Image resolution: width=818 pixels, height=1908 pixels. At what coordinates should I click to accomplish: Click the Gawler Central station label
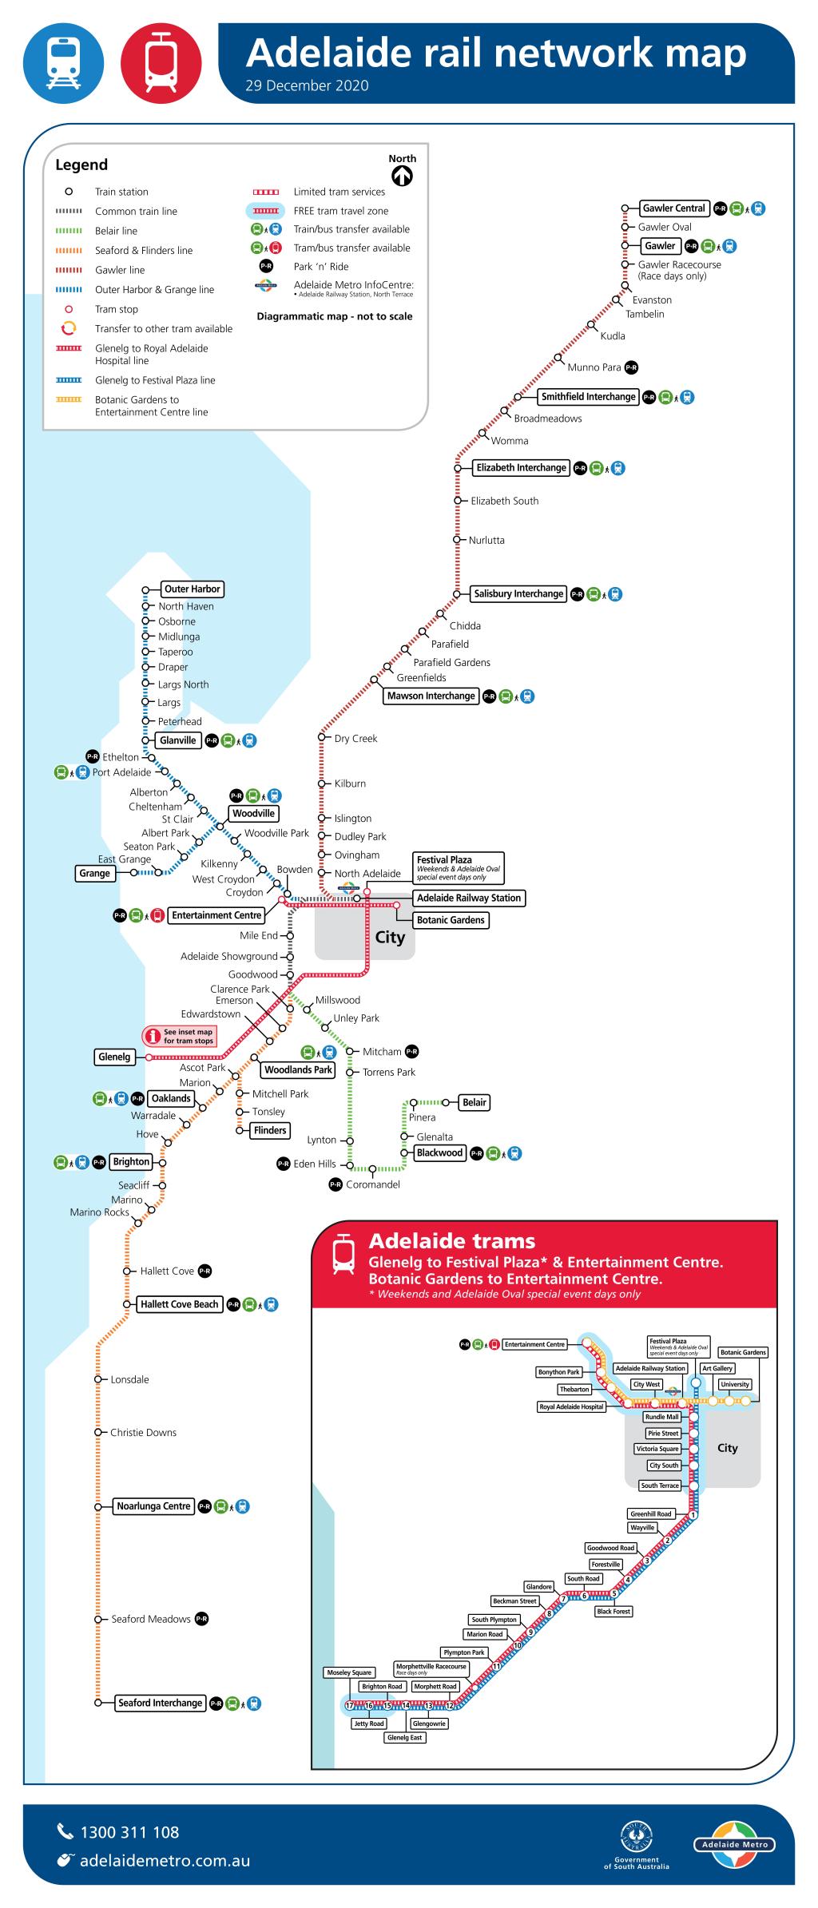click(673, 208)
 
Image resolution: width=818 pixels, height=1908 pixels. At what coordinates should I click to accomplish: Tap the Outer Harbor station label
click(192, 589)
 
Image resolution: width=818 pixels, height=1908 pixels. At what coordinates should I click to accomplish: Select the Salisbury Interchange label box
click(518, 594)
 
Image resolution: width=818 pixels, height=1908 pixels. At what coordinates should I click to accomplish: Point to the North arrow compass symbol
click(403, 177)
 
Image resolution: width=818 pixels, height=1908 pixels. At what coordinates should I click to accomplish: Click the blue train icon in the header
click(63, 63)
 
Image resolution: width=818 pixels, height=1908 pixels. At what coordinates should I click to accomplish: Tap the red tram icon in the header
click(161, 63)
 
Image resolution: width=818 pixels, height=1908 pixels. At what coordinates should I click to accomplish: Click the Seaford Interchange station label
click(160, 1704)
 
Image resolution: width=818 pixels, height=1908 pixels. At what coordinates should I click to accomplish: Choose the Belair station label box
click(474, 1103)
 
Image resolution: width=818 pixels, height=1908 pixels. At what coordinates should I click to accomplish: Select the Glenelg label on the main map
click(113, 1057)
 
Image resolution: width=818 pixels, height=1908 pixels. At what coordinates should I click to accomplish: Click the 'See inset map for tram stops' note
click(180, 1037)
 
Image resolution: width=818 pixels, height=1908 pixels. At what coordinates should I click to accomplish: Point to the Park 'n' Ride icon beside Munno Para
click(631, 368)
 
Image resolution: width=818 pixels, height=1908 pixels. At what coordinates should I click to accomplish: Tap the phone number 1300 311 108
click(129, 1833)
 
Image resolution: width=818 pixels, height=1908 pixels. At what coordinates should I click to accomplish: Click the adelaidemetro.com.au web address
click(164, 1861)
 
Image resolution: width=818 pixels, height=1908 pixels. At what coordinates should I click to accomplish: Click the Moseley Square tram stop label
click(349, 1672)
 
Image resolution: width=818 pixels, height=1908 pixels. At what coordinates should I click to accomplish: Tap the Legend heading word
click(81, 165)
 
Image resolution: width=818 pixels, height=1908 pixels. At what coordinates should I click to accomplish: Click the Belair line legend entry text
click(116, 231)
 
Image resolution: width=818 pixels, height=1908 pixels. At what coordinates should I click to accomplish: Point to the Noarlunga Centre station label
click(153, 1507)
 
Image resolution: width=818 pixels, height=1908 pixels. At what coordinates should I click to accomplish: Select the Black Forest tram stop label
click(613, 1612)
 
